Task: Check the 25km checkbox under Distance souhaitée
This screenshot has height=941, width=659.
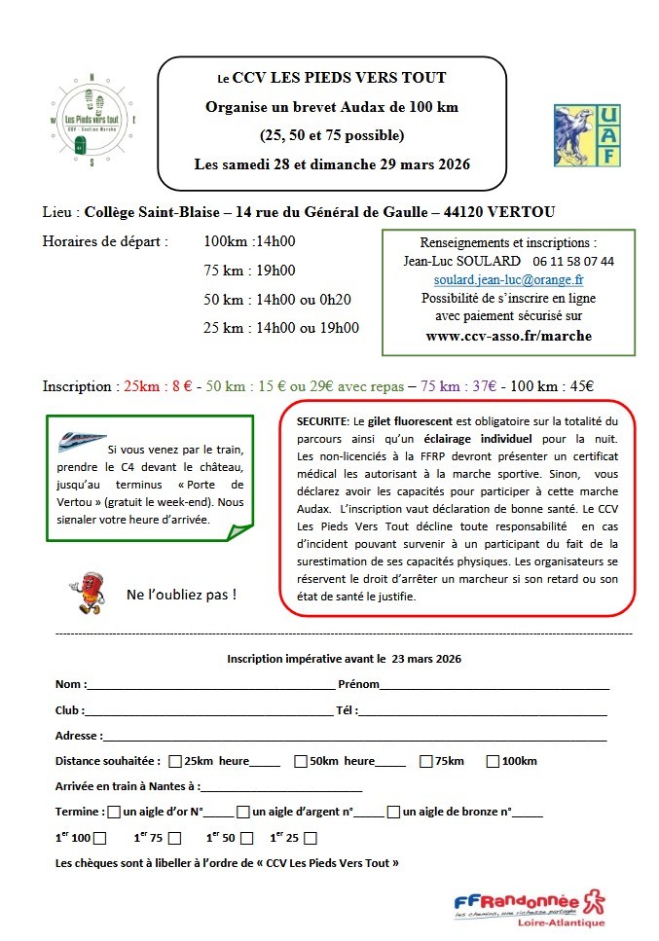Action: pos(175,761)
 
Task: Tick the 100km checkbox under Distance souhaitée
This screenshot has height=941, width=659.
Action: pos(493,761)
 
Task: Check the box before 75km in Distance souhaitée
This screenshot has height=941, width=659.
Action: pos(426,761)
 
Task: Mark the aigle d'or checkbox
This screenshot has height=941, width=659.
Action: pos(115,811)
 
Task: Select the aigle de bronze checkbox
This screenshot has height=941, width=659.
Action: pos(393,811)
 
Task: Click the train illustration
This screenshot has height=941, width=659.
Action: pos(83,441)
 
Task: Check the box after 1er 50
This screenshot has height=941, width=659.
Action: pos(246,838)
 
